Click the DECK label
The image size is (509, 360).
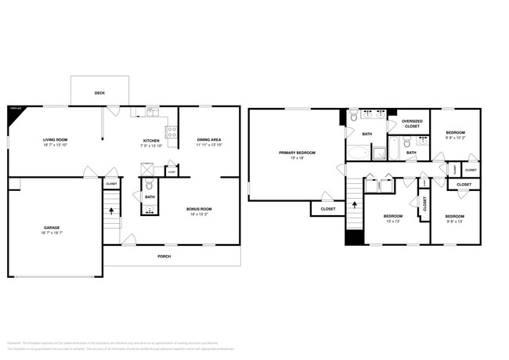99,93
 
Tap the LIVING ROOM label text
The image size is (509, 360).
56,140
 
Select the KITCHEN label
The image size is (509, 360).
151,141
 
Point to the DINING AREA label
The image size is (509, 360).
208,140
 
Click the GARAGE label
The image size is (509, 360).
51,228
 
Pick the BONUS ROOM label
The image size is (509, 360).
199,209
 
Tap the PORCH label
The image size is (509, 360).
164,256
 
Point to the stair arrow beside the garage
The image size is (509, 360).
111,210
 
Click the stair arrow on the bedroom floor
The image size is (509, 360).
356,205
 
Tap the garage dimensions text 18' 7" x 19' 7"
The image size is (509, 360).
51,233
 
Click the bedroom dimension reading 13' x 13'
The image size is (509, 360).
392,221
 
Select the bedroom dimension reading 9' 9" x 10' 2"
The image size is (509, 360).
456,139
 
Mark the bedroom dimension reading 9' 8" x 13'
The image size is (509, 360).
455,221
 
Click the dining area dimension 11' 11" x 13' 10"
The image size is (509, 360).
208,146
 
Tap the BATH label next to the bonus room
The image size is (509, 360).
150,196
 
